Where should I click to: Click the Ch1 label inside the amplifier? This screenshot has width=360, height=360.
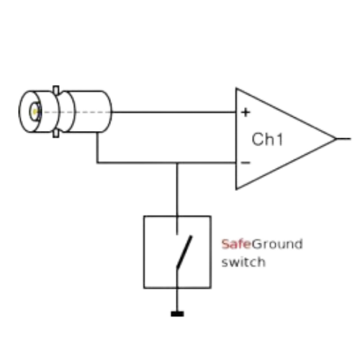[x=267, y=139]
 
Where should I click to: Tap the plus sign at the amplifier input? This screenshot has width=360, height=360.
[x=246, y=112]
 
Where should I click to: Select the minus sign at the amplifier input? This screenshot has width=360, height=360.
[x=246, y=163]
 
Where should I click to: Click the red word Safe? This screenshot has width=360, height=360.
[x=236, y=244]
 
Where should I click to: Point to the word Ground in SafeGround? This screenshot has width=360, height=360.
[x=277, y=244]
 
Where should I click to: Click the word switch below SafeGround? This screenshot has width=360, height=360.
[x=243, y=262]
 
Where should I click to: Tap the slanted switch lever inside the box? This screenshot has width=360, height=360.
[x=184, y=251]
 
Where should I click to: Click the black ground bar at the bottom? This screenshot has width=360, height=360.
[x=177, y=314]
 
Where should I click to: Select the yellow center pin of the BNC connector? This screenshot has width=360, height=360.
[x=35, y=112]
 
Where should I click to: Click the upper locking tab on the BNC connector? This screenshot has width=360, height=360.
[x=56, y=90]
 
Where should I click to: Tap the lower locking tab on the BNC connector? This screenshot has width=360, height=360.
[x=56, y=134]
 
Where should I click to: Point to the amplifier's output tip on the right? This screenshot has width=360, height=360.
[x=336, y=138]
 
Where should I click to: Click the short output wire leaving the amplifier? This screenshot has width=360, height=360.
[x=343, y=138]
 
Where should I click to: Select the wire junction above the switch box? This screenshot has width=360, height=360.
[x=177, y=163]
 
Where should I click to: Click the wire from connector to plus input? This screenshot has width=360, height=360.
[x=174, y=112]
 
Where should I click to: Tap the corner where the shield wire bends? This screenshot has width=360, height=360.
[x=97, y=163]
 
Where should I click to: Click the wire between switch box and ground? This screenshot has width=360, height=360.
[x=177, y=300]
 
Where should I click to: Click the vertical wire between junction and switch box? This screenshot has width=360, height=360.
[x=177, y=189]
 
